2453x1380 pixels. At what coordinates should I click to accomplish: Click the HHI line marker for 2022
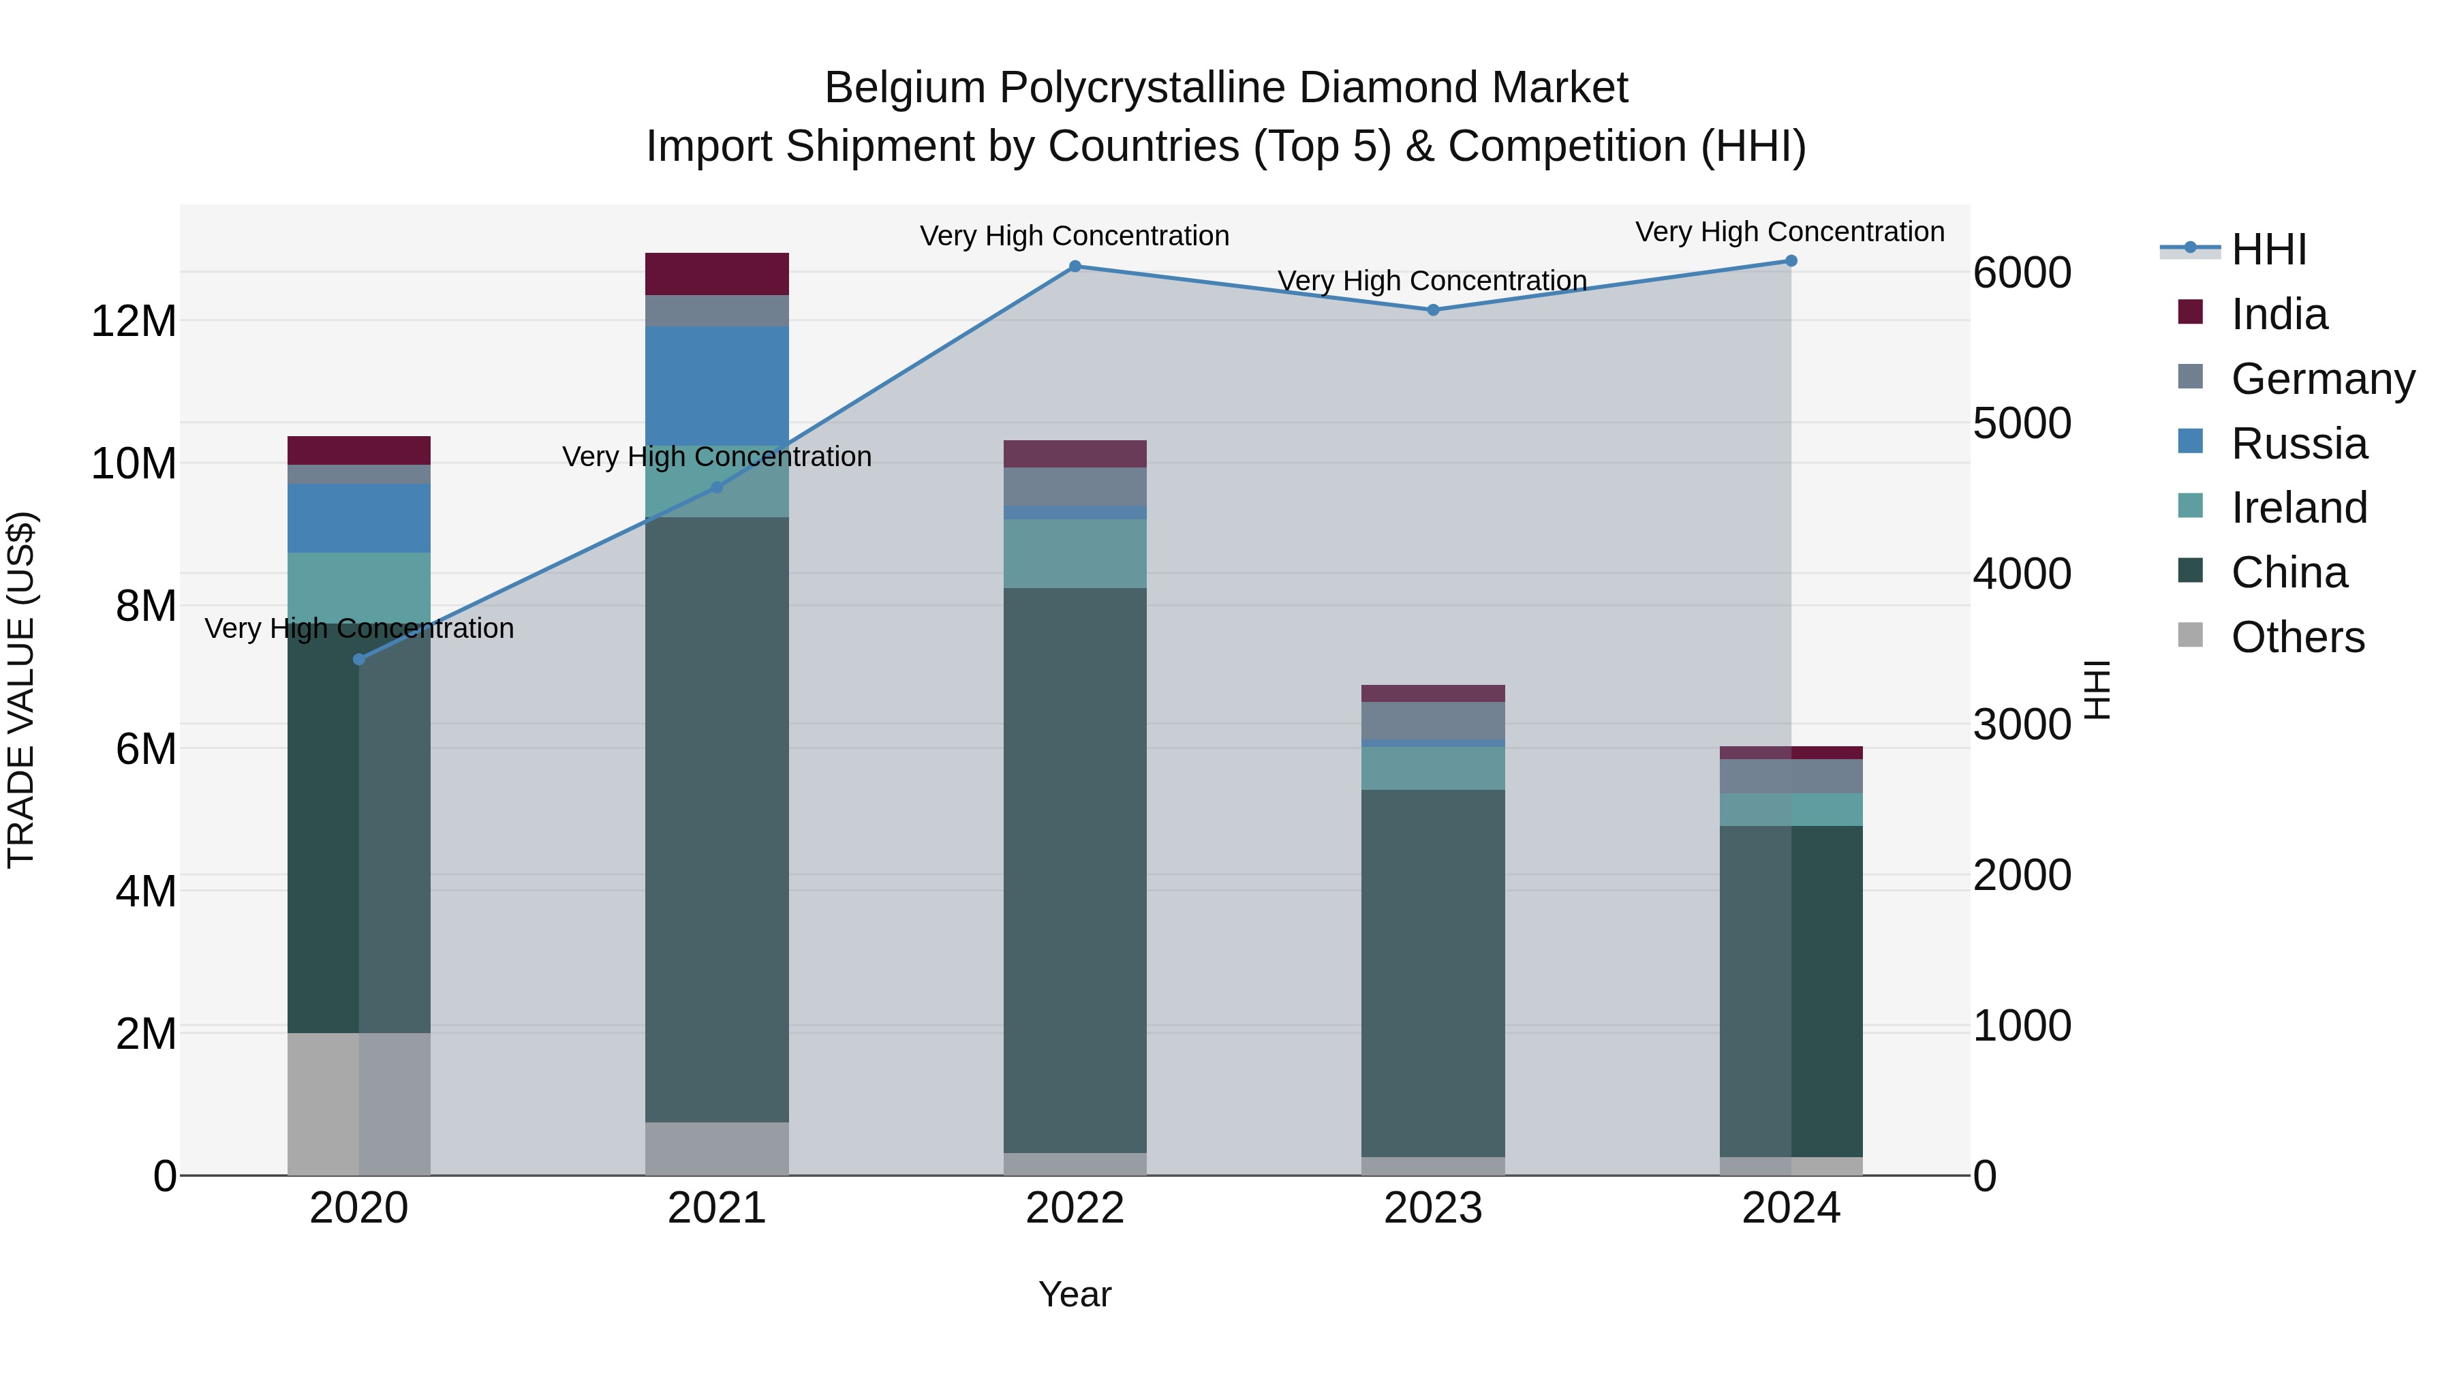(1075, 266)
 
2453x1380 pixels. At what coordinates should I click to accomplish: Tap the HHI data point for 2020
(359, 659)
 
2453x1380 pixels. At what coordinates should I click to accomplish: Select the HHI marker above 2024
(1791, 261)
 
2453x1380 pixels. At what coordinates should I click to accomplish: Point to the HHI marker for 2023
(1433, 309)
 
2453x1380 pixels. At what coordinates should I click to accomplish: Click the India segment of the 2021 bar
(717, 274)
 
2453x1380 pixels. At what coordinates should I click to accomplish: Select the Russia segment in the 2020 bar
(359, 518)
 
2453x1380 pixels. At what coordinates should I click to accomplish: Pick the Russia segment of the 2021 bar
(717, 386)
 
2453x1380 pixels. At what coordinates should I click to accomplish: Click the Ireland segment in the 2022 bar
(1075, 553)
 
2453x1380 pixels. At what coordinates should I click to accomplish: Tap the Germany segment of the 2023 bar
(1433, 721)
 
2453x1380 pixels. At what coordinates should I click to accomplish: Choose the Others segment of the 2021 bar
(717, 1148)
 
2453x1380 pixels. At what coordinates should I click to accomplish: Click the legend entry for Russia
(2298, 444)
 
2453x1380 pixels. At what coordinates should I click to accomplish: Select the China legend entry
(2288, 573)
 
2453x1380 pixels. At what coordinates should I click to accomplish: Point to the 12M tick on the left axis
(134, 321)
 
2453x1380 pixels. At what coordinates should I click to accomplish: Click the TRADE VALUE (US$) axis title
(21, 690)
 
